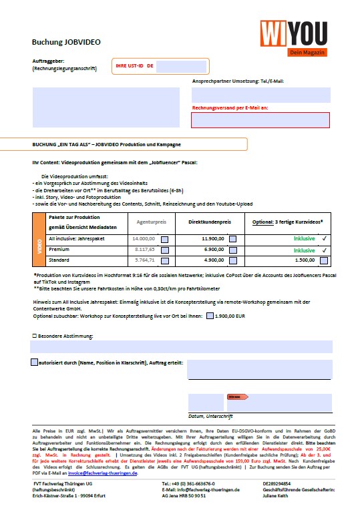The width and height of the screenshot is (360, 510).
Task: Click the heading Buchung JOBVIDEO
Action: coord(67,42)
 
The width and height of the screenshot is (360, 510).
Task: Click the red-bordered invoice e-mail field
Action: coord(260,120)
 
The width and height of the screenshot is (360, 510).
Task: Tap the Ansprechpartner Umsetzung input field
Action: coord(260,94)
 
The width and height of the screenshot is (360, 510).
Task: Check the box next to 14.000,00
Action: coord(164,238)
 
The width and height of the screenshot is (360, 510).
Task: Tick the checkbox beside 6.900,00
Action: coord(232,250)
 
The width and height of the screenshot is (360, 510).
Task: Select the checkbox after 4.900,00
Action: coord(232,261)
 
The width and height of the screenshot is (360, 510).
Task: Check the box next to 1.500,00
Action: coord(324,261)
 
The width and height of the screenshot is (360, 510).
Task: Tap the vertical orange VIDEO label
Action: coord(39,248)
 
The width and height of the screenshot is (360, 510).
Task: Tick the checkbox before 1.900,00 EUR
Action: coord(210,316)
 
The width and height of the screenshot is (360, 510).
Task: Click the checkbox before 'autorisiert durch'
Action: coord(35,362)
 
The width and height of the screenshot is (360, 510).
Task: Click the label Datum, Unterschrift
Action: coord(210,416)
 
